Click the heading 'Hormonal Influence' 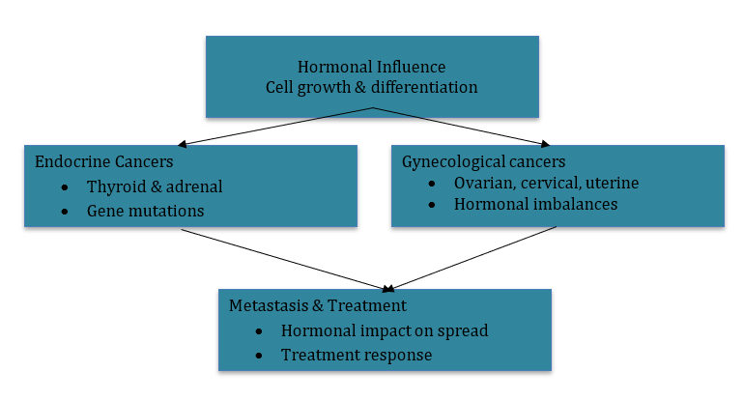click(372, 68)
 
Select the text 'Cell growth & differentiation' click(372, 87)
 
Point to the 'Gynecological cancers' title click(483, 161)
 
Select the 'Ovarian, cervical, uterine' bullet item click(546, 183)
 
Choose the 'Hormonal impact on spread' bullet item click(385, 330)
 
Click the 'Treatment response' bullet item click(356, 355)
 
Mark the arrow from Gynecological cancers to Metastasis click(473, 258)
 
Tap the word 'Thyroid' click(113, 186)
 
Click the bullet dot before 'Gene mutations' click(64, 210)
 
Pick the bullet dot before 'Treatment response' click(258, 356)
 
